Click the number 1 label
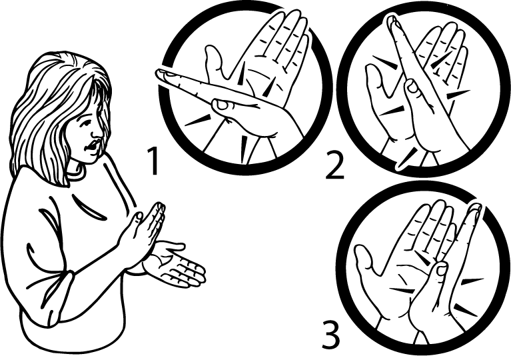153,161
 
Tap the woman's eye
85,124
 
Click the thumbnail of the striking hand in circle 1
222,105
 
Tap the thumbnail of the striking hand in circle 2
412,87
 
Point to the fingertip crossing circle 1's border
163,75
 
